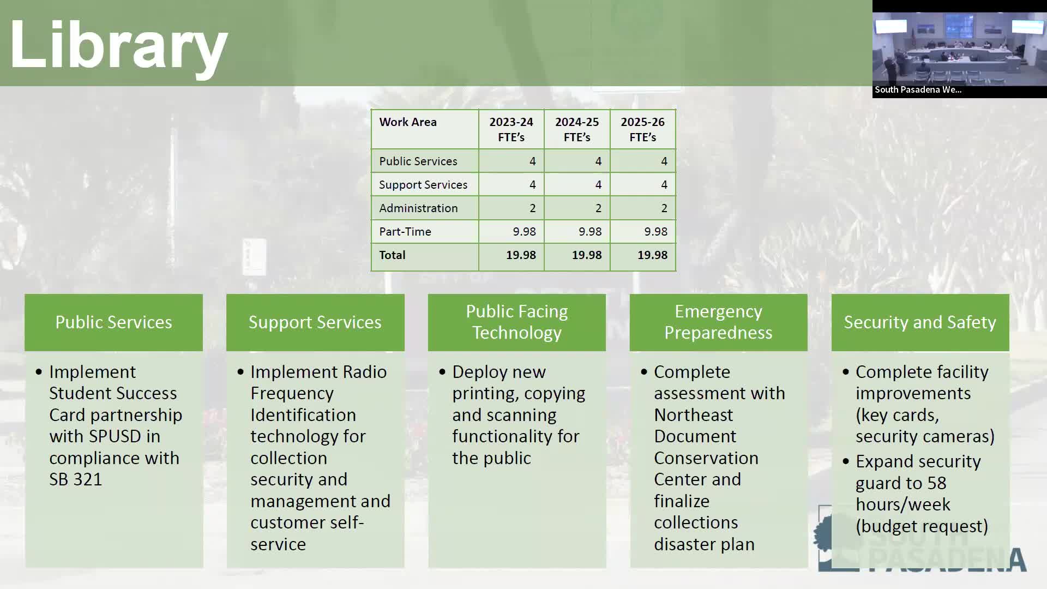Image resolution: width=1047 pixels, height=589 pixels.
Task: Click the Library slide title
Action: pyautogui.click(x=119, y=45)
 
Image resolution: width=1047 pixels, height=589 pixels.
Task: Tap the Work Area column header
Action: pyautogui.click(x=408, y=122)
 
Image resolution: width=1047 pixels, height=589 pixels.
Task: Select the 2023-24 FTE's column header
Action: pyautogui.click(x=511, y=130)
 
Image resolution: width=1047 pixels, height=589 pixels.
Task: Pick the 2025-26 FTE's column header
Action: pyautogui.click(x=642, y=130)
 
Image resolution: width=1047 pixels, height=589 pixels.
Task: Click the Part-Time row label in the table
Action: pyautogui.click(x=405, y=232)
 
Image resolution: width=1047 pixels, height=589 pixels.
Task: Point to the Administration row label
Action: pyautogui.click(x=418, y=208)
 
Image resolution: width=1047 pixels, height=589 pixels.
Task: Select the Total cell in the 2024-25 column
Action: pyautogui.click(x=587, y=255)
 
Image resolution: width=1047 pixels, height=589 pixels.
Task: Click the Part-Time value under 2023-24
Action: pyautogui.click(x=524, y=232)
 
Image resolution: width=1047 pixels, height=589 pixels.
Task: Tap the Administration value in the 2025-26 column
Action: pyautogui.click(x=664, y=208)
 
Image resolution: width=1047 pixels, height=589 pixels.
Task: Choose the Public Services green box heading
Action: pyautogui.click(x=113, y=322)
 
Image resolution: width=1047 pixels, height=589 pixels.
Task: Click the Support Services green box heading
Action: pyautogui.click(x=315, y=322)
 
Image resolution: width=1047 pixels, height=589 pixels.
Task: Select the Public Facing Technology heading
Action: pyautogui.click(x=517, y=322)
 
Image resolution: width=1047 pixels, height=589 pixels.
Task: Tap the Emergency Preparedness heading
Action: pyautogui.click(x=718, y=322)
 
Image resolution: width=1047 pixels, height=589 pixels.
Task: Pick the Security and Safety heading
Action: pyautogui.click(x=920, y=322)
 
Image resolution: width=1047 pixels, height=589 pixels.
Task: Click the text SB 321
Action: pyautogui.click(x=76, y=479)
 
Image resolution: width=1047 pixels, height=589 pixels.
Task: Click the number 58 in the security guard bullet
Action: pyautogui.click(x=937, y=483)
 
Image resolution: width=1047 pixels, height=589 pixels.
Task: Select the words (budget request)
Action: pyautogui.click(x=922, y=526)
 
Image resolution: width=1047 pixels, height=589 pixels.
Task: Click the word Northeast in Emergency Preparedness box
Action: pyautogui.click(x=694, y=415)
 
